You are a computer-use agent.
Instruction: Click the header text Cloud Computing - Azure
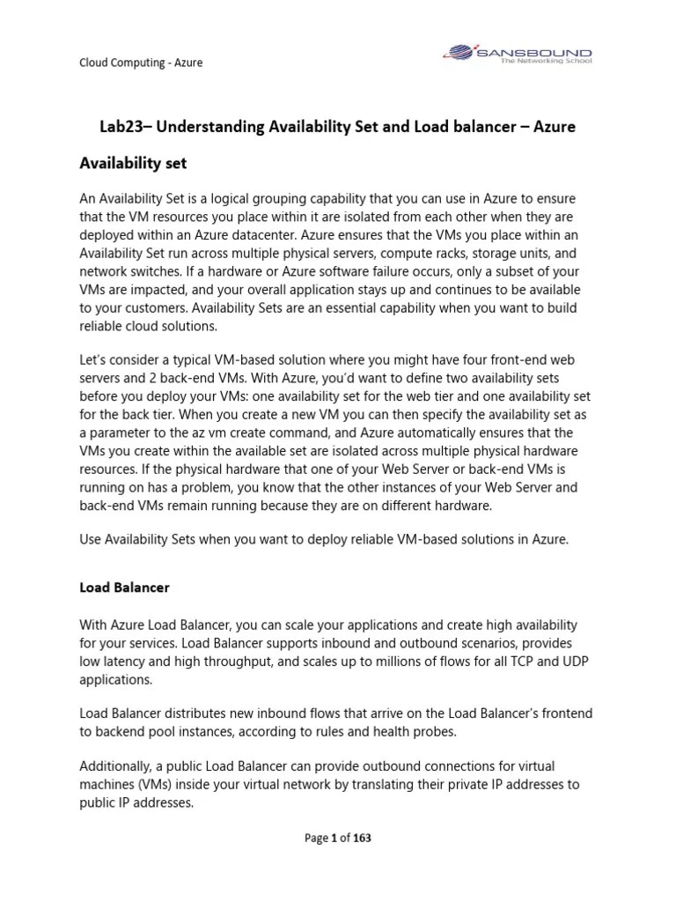click(x=141, y=63)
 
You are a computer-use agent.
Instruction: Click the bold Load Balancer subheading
click(x=124, y=586)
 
